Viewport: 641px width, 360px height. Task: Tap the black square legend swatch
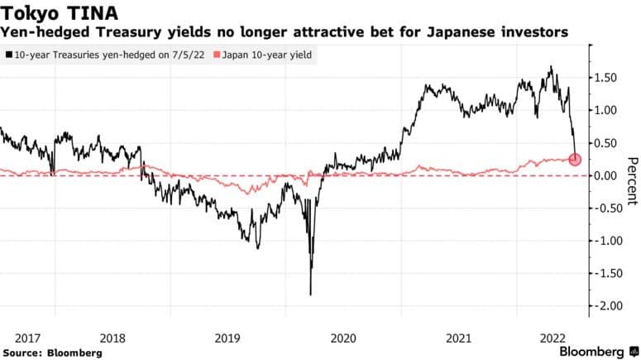(7, 55)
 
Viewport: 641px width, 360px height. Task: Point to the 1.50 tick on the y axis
(607, 78)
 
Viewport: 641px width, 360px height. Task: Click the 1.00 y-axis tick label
(607, 110)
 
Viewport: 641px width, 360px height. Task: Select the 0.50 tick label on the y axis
(607, 143)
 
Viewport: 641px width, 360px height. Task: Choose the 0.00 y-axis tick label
(607, 175)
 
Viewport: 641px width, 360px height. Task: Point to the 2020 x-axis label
(343, 338)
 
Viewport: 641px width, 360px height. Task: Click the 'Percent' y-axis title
(632, 180)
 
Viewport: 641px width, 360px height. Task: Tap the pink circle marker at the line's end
(576, 160)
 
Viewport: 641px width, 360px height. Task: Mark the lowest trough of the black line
(310, 294)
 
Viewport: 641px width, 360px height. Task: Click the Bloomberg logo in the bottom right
(592, 351)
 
